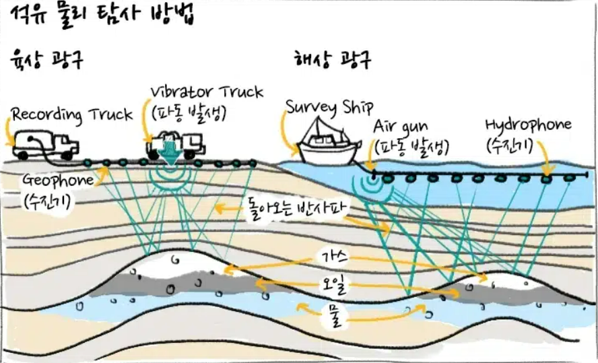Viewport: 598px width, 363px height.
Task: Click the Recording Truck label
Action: (x=73, y=114)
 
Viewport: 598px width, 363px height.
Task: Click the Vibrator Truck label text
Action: (x=207, y=92)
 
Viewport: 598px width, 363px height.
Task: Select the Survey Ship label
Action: (x=330, y=106)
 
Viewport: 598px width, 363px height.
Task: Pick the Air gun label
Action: (x=400, y=127)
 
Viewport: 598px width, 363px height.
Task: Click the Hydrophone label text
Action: (x=528, y=125)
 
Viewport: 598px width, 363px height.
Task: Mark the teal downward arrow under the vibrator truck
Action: (x=170, y=157)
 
